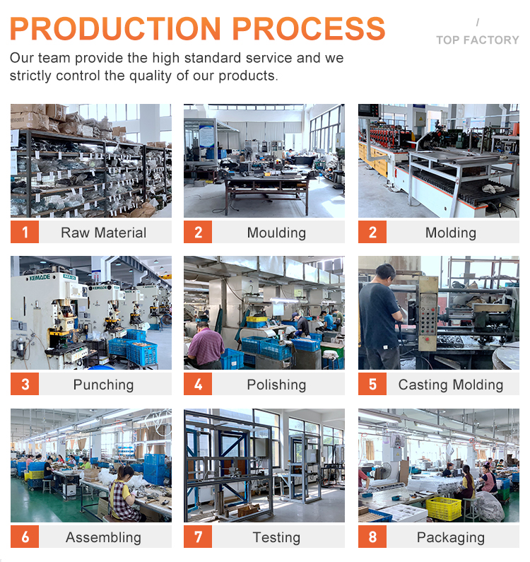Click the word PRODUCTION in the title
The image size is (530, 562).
[115, 29]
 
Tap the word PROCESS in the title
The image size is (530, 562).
[309, 29]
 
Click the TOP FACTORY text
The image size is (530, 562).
[477, 40]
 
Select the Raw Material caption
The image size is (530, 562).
[104, 233]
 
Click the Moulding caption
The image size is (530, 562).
[276, 233]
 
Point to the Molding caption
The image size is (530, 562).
[451, 233]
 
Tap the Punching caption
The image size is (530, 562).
[104, 385]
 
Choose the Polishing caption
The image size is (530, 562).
[276, 385]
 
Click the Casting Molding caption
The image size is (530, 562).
[451, 385]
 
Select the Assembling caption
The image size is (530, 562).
[104, 538]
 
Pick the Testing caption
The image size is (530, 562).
[276, 538]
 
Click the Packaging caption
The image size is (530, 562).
[451, 538]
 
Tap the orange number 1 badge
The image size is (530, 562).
[25, 232]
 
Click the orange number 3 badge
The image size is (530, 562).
[25, 384]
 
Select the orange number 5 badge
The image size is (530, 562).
[372, 384]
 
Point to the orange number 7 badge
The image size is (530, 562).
[198, 537]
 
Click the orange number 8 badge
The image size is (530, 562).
[372, 537]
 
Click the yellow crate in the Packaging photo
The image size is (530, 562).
[444, 508]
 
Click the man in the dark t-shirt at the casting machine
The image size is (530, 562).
[380, 317]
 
